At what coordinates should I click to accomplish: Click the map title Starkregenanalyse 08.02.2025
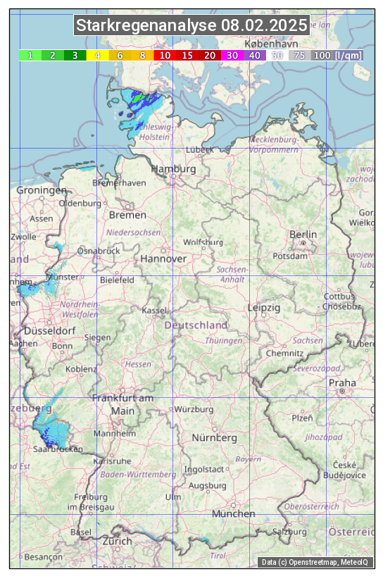click(191, 26)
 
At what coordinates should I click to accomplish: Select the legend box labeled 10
click(165, 55)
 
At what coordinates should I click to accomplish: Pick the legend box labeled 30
click(232, 55)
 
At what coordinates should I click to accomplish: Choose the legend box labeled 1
click(30, 55)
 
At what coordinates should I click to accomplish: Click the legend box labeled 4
click(98, 55)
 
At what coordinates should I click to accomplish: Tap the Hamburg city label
click(173, 170)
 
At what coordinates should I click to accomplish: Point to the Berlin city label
click(303, 235)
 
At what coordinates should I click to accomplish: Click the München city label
click(234, 514)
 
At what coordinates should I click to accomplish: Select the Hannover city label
click(163, 259)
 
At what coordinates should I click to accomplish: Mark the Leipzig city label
click(264, 308)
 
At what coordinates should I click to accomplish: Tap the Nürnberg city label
click(215, 438)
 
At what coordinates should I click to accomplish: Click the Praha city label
click(342, 382)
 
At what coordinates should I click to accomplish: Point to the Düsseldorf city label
click(50, 331)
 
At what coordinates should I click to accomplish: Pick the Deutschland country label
click(196, 325)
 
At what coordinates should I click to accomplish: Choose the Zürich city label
click(117, 541)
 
